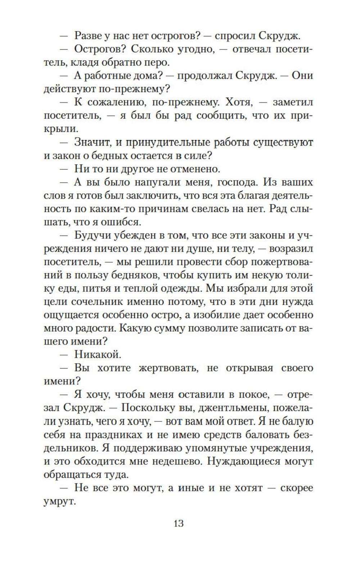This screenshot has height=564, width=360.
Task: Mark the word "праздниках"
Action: (114, 435)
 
